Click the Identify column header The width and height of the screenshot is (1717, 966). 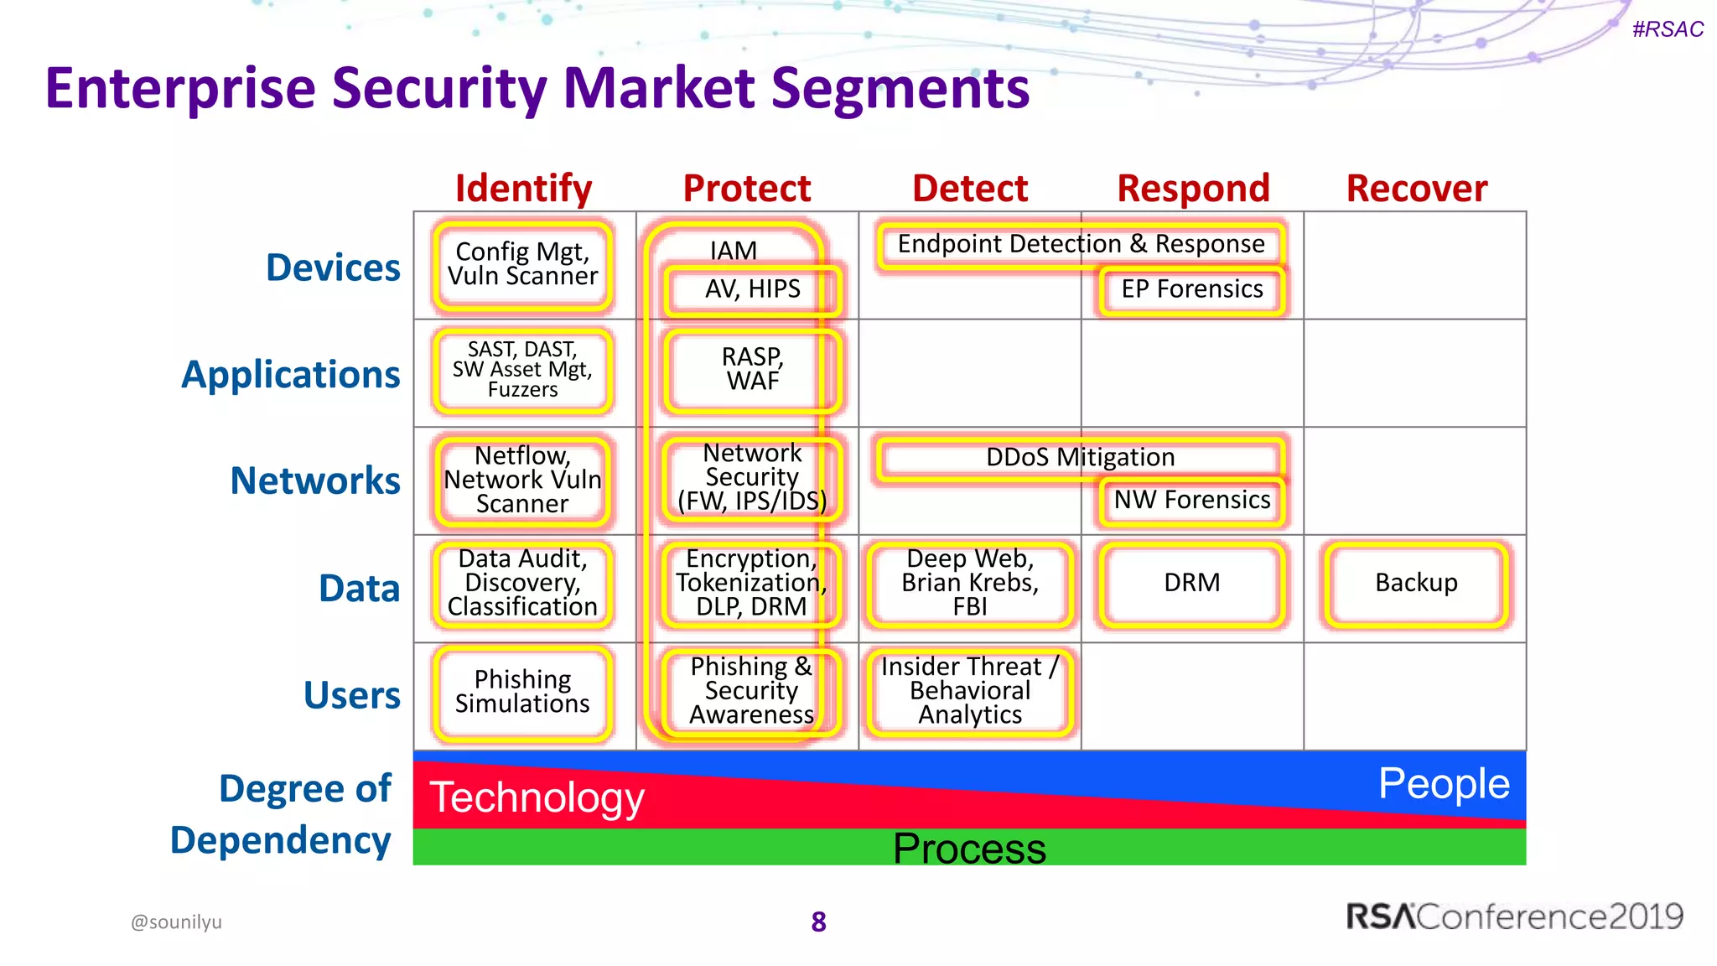pyautogui.click(x=523, y=189)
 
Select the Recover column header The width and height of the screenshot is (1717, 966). pyautogui.click(x=1416, y=189)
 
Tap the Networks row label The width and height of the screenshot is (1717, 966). pyautogui.click(x=315, y=480)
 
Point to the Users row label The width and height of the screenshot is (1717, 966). pyautogui.click(x=351, y=695)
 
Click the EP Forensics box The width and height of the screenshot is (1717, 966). pyautogui.click(x=1191, y=289)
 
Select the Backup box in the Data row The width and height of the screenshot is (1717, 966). pyautogui.click(x=1415, y=583)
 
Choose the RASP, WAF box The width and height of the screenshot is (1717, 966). pyautogui.click(x=752, y=370)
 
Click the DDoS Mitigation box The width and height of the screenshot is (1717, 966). pyautogui.click(x=1080, y=458)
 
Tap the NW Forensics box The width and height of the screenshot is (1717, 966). pyautogui.click(x=1191, y=501)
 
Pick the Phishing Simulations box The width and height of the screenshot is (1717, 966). pyautogui.click(x=522, y=692)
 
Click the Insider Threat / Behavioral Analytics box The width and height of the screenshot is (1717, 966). pyautogui.click(x=970, y=691)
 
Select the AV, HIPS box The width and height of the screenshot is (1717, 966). pyautogui.click(x=752, y=289)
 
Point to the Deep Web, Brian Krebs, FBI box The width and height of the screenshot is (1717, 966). pyautogui.click(x=970, y=583)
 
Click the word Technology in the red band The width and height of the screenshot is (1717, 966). pyautogui.click(x=537, y=797)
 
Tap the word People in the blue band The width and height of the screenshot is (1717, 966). pyautogui.click(x=1444, y=784)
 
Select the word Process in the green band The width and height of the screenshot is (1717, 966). pyautogui.click(x=969, y=849)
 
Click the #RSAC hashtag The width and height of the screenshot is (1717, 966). pyautogui.click(x=1668, y=29)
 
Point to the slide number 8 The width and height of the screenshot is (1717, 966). pyautogui.click(x=818, y=922)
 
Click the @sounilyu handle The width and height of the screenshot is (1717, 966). pyautogui.click(x=176, y=922)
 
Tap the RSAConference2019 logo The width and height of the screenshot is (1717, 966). pyautogui.click(x=1514, y=917)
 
